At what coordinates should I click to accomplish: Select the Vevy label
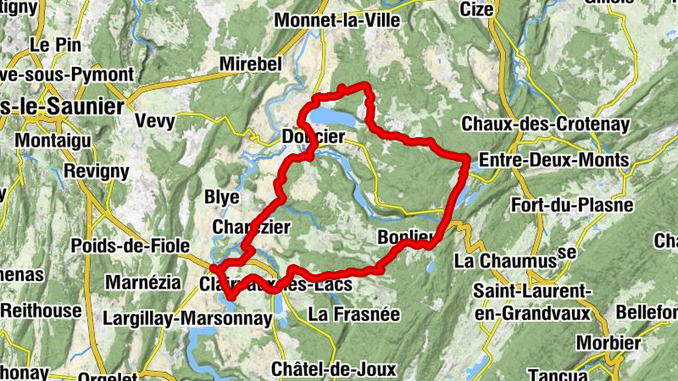pos(155,121)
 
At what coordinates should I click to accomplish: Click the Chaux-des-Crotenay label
pos(545,124)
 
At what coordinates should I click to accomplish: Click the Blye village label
pos(222,196)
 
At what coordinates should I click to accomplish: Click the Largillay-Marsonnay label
pos(186,318)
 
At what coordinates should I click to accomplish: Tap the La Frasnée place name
pos(353,314)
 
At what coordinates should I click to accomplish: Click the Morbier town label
pos(608,343)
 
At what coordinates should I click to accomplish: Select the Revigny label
pos(96,172)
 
